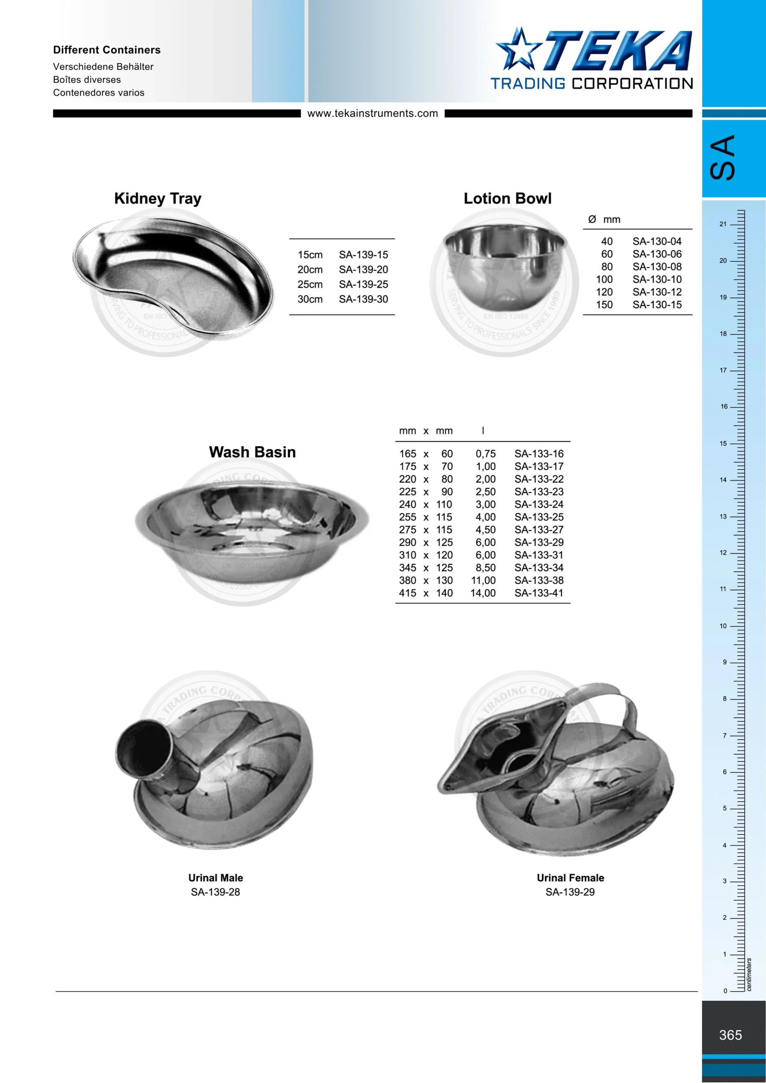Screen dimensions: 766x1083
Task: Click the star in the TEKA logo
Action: click(518, 49)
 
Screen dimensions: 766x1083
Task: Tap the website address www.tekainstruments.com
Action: click(373, 113)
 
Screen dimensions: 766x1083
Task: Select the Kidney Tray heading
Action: click(157, 198)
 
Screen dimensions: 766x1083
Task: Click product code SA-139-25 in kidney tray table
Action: click(363, 284)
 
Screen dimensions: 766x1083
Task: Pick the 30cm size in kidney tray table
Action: click(310, 299)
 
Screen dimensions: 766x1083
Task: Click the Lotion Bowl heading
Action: click(508, 198)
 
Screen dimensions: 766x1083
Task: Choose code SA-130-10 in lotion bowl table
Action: click(657, 279)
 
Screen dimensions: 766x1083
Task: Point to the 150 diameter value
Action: click(604, 305)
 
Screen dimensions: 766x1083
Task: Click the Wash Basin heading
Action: click(253, 452)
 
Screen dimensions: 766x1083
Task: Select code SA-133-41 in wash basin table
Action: click(538, 593)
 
